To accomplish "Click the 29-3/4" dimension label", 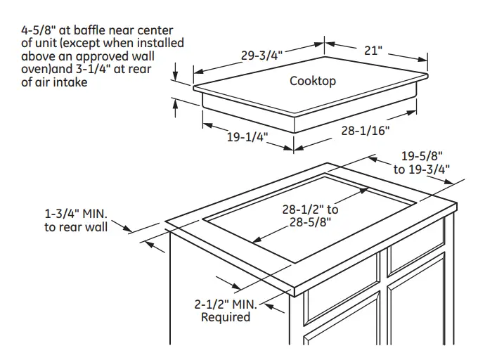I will point(261,56).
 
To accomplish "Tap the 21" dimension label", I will point(373,51).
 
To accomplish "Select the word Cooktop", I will point(313,81).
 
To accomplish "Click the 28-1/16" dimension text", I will point(365,131).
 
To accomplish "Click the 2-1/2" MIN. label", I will point(226,304).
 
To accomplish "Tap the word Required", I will point(226,317).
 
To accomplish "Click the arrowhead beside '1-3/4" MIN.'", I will point(128,228).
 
